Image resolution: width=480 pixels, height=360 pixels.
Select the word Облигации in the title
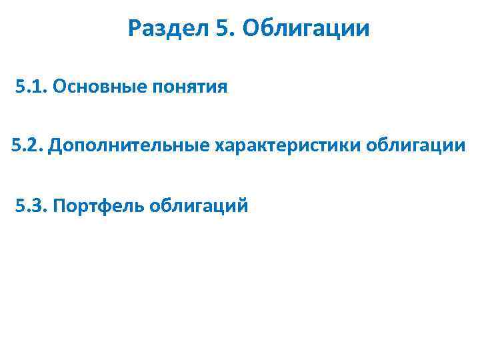307,29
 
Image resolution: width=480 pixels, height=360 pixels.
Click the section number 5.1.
30,87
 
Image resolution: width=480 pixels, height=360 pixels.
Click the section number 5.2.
27,145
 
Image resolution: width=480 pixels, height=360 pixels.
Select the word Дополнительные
129,145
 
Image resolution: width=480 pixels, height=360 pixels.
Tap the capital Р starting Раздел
135,29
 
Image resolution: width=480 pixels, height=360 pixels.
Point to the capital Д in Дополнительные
55,145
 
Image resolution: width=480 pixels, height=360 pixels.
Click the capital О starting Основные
57,87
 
